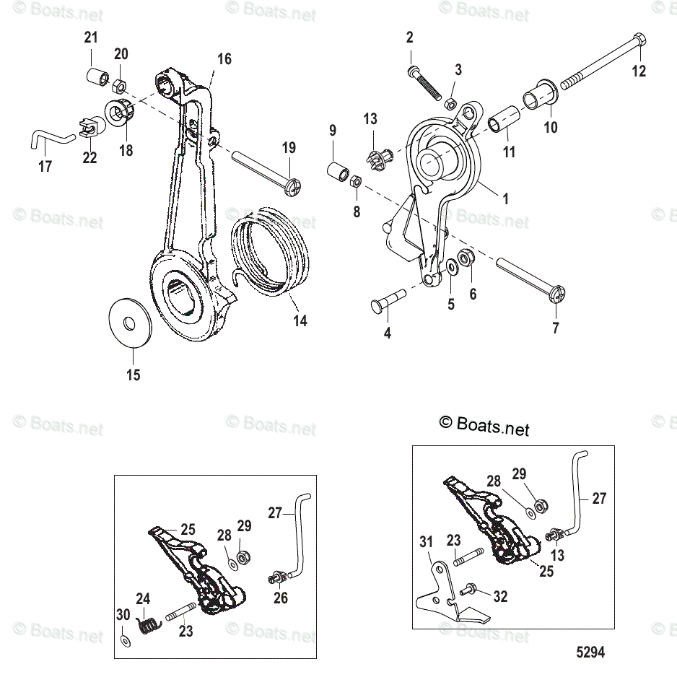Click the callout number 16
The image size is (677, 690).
click(224, 59)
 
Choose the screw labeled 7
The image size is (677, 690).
click(529, 281)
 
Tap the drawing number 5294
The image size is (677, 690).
click(590, 652)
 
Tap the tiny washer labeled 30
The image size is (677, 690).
click(123, 640)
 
